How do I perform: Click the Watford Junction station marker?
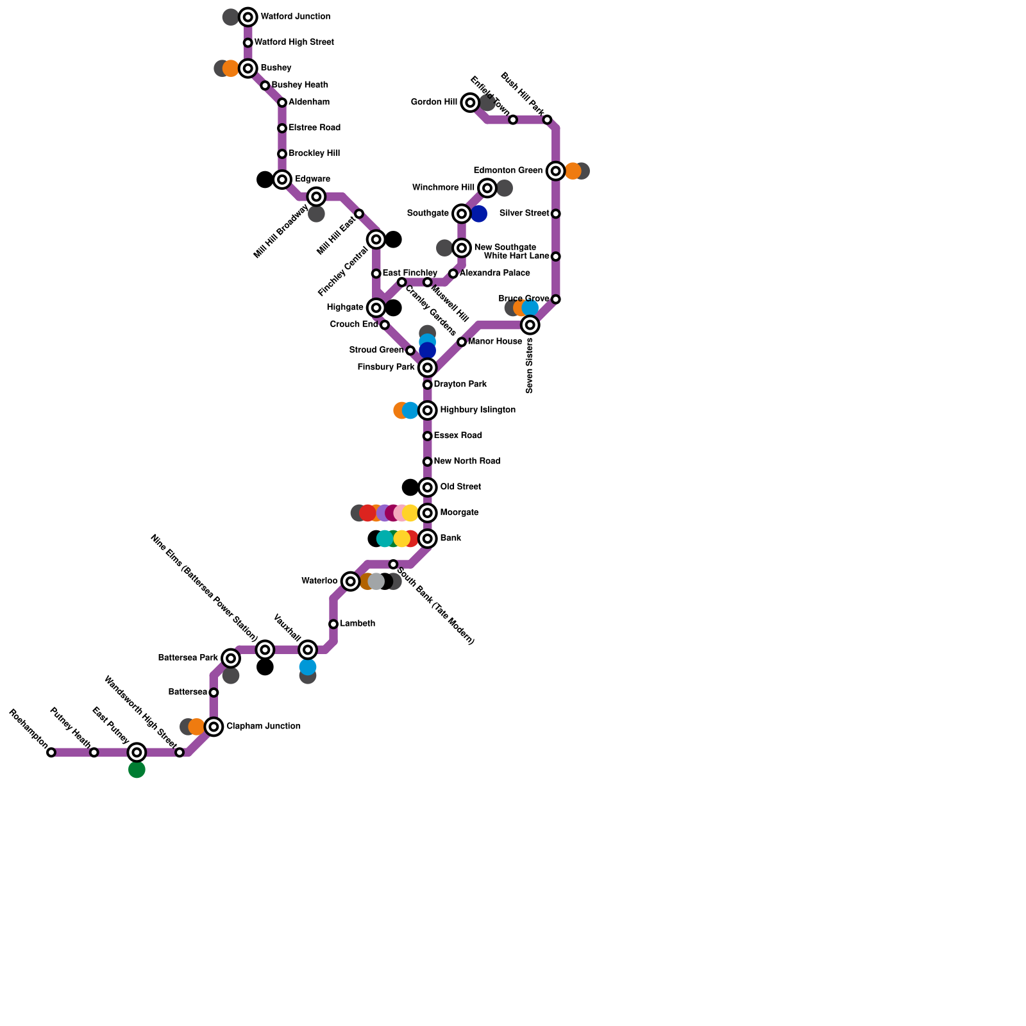(248, 17)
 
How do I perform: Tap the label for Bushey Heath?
(299, 85)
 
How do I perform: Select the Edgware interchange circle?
(282, 180)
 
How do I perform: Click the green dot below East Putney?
(137, 769)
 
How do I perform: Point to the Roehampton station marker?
(51, 752)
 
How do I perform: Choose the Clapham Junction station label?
(263, 727)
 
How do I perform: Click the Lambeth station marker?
(333, 624)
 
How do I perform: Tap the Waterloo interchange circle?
(350, 582)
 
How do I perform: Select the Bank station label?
(450, 539)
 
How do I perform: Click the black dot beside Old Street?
(410, 487)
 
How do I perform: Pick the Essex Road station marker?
(428, 436)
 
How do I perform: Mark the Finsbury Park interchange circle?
(428, 367)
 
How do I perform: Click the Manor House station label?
(494, 342)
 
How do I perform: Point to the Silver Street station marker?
(556, 214)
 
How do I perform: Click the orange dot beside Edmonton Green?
(573, 171)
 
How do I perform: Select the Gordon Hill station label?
(433, 103)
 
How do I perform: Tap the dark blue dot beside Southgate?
(479, 214)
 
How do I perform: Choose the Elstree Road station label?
(314, 128)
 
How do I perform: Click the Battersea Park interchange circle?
(231, 658)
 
